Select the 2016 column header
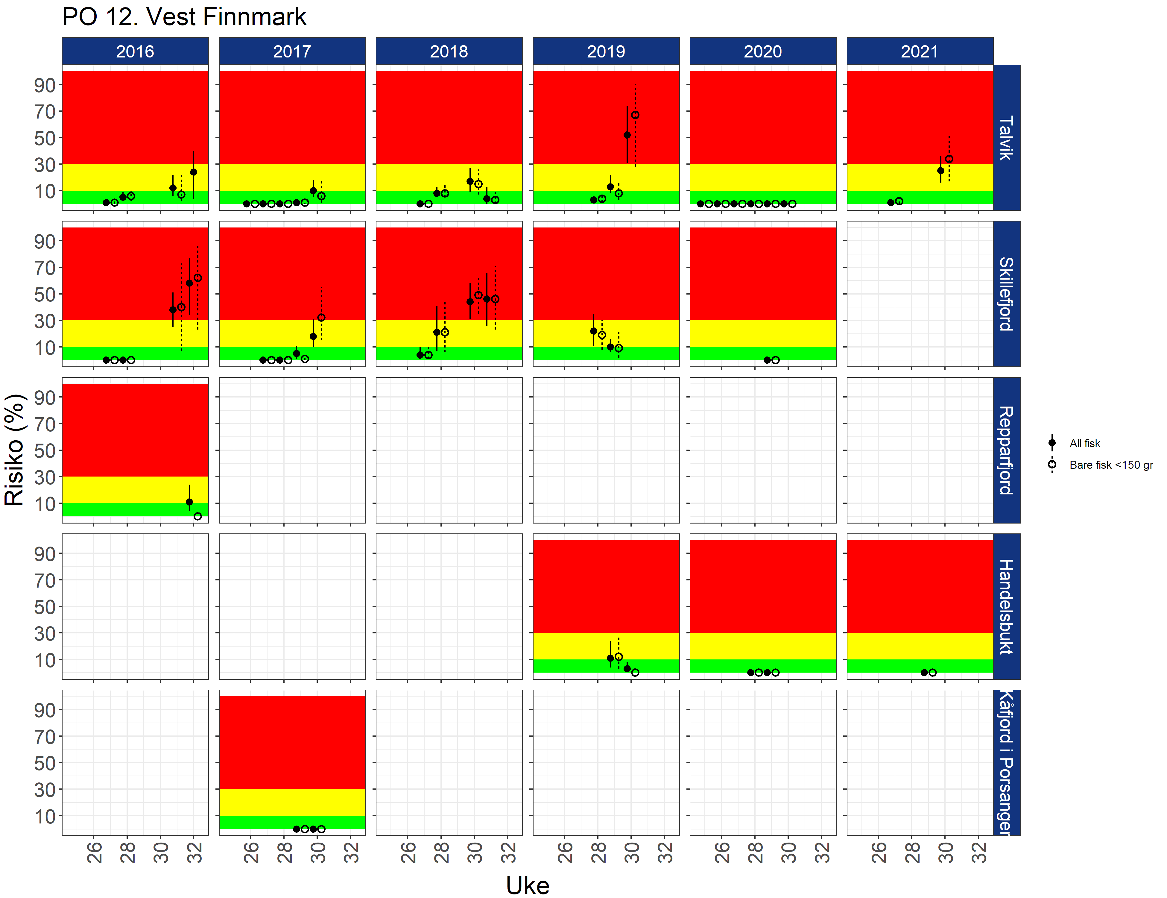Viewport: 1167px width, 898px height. pyautogui.click(x=135, y=51)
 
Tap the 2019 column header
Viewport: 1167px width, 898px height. pyautogui.click(x=606, y=51)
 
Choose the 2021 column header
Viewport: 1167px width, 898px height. pyautogui.click(x=920, y=51)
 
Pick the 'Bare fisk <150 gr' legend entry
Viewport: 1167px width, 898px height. pyautogui.click(x=1110, y=465)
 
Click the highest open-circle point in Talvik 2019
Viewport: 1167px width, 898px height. pyautogui.click(x=635, y=115)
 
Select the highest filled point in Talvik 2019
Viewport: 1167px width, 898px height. pyautogui.click(x=627, y=135)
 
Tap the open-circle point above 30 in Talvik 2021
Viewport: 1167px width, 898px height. pyautogui.click(x=949, y=159)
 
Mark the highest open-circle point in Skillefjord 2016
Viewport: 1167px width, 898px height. pyautogui.click(x=198, y=278)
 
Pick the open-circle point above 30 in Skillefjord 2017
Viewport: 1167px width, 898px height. pyautogui.click(x=321, y=318)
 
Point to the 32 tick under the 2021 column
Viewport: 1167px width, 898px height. pyautogui.click(x=978, y=852)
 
